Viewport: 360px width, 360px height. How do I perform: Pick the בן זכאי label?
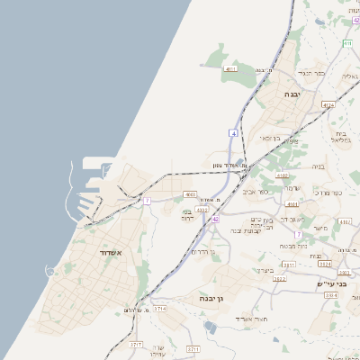pyautogui.click(x=270, y=139)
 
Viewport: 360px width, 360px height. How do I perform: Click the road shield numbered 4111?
pyautogui.click(x=231, y=68)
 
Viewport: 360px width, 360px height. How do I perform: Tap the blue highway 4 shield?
pyautogui.click(x=233, y=132)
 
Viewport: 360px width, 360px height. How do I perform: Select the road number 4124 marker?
pyautogui.click(x=328, y=105)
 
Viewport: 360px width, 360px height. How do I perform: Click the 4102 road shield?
pyautogui.click(x=283, y=176)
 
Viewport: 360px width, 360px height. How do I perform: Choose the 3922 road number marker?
pyautogui.click(x=280, y=279)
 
